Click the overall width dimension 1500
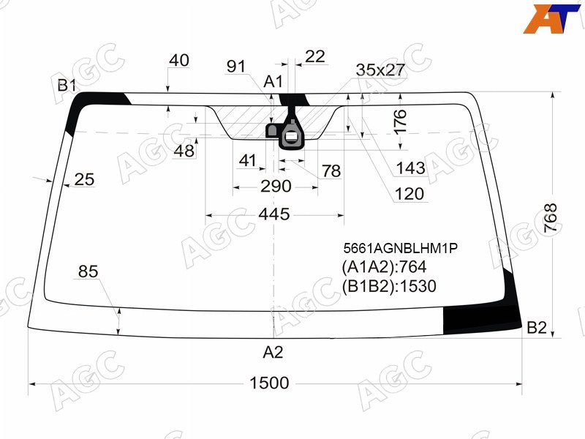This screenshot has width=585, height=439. click(x=269, y=383)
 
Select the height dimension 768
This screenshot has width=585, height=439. click(x=551, y=218)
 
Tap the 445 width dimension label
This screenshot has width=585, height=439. click(x=274, y=214)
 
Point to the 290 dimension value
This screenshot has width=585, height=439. click(x=276, y=186)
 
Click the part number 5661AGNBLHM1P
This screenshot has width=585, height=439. click(x=400, y=248)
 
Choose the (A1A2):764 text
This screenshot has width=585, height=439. click(x=384, y=267)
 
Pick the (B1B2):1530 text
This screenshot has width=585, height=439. click(x=389, y=286)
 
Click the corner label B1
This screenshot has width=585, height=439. click(x=67, y=86)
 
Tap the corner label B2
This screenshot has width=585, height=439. click(x=537, y=327)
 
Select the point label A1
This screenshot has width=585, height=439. click(x=273, y=81)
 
